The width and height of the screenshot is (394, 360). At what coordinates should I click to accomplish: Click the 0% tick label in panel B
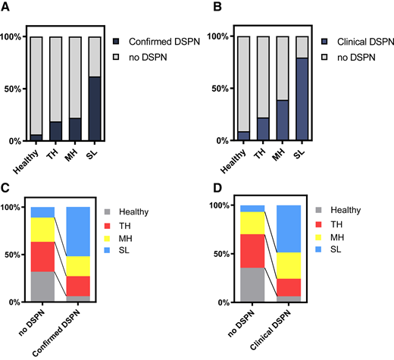coord(219,141)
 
